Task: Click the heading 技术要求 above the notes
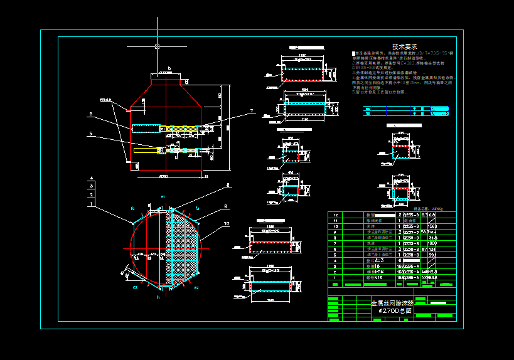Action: click(405, 46)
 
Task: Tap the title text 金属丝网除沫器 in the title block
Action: click(392, 302)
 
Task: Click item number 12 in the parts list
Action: click(337, 215)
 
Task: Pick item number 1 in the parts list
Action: click(337, 277)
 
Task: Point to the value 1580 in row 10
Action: click(432, 226)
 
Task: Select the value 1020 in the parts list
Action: click(432, 243)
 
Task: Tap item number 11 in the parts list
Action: click(337, 221)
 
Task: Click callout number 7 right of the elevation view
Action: click(252, 111)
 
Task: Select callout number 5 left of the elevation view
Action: click(91, 134)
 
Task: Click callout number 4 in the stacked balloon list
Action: click(92, 179)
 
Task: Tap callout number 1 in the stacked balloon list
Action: click(92, 204)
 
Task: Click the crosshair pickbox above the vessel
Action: click(157, 46)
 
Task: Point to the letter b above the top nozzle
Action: click(169, 67)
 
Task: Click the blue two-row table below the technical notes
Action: click(405, 112)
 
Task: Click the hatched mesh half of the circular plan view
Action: click(183, 245)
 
